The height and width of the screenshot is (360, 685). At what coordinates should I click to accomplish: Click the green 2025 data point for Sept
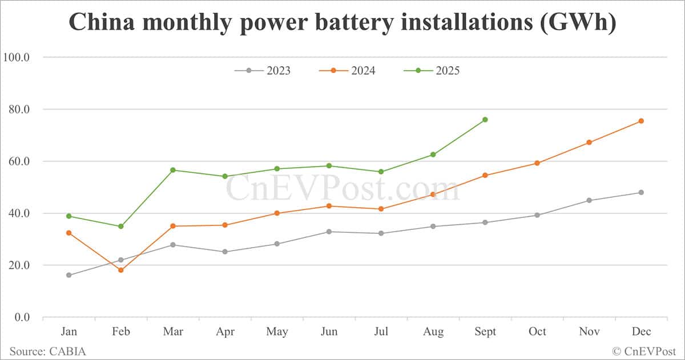coord(485,119)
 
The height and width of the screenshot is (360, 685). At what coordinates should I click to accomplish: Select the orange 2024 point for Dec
coord(641,121)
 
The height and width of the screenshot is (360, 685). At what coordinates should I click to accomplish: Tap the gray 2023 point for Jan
coord(68,275)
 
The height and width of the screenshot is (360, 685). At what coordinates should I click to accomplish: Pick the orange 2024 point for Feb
coord(120,270)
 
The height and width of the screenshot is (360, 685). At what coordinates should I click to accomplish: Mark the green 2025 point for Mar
coord(172,170)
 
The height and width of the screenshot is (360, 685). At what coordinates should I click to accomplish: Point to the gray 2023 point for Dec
coord(641,192)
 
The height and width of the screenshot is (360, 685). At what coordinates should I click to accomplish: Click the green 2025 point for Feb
coord(120,226)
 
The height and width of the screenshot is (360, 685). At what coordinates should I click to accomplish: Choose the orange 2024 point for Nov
coord(589,142)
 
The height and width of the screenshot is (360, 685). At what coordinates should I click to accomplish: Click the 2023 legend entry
coord(262,71)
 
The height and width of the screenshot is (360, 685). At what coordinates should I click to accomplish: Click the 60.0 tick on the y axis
coord(19,161)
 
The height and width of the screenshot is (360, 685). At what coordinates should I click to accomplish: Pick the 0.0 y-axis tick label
coord(21,317)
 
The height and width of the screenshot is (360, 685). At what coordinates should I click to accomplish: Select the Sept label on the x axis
coord(485,332)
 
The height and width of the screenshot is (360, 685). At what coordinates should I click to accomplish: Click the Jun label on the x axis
coord(329,332)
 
